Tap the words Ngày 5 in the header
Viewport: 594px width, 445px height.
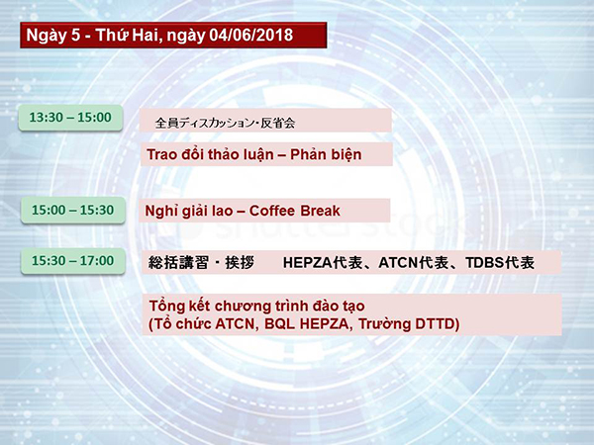[x=53, y=36]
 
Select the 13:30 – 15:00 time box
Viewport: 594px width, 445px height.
[x=70, y=118]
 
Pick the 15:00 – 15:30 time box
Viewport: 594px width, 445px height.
[x=72, y=210]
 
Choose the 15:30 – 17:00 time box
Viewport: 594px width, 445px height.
[x=72, y=261]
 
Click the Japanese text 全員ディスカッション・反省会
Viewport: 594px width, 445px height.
[x=225, y=123]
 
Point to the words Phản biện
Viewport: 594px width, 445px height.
[x=326, y=155]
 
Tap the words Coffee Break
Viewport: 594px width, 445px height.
[x=295, y=211]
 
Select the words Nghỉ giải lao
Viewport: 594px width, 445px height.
[x=189, y=212]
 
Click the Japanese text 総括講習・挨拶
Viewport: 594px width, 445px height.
[x=201, y=262]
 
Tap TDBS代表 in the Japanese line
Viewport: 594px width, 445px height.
[x=500, y=263]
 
